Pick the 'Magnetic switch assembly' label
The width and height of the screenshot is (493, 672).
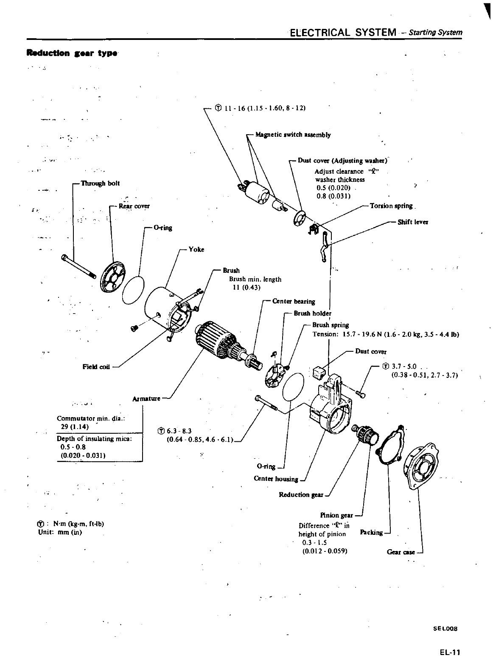pos(293,135)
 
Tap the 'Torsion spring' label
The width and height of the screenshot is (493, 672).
pos(391,206)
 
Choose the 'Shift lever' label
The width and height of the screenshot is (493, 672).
pos(412,222)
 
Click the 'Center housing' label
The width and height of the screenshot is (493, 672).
pos(276,479)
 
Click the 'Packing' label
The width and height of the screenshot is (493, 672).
pos(371,532)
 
